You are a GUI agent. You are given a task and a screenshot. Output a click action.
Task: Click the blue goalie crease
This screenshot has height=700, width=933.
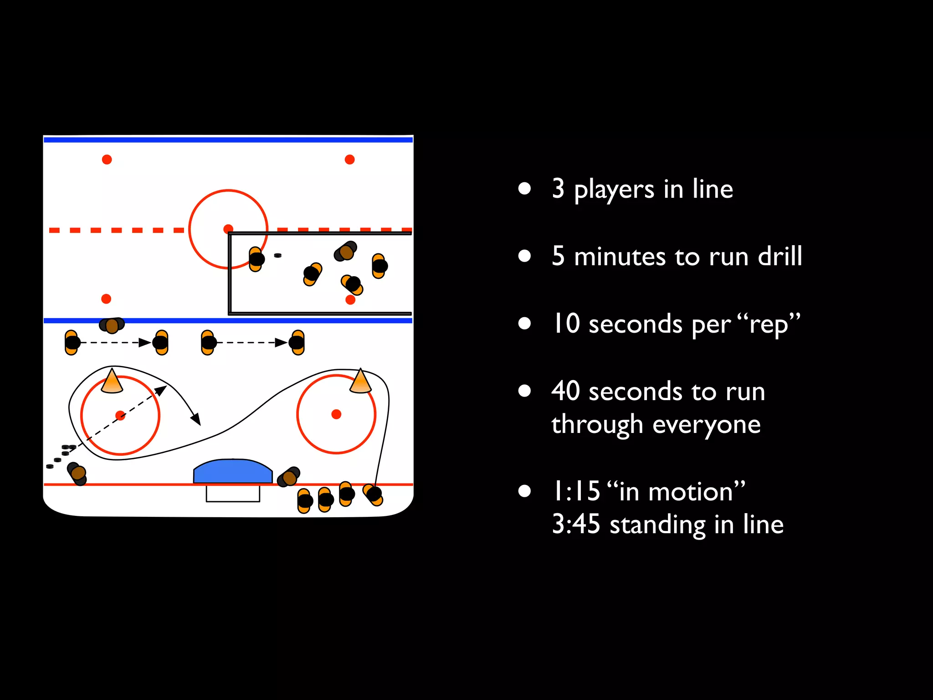[233, 472]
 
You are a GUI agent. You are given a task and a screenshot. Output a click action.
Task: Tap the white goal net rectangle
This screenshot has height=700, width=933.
[233, 494]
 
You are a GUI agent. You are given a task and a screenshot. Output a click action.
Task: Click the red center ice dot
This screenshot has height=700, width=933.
[228, 229]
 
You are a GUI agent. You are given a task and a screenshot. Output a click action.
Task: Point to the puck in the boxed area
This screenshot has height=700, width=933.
[277, 256]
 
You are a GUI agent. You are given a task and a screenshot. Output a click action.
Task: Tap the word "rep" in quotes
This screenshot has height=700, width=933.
[768, 324]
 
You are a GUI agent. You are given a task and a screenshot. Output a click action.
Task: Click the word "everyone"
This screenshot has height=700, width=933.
[706, 425]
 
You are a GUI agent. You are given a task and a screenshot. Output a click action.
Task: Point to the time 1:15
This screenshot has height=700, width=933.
[576, 492]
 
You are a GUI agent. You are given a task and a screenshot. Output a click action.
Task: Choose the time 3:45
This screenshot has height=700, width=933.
[576, 525]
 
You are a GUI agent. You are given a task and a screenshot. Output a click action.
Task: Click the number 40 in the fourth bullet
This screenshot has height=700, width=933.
[565, 391]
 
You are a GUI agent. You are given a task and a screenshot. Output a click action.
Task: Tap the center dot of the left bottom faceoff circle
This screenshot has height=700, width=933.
[120, 416]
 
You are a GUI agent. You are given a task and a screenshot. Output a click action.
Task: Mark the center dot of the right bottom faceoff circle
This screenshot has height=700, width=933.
[336, 414]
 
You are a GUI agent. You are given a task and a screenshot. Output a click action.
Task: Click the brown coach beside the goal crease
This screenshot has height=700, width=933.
[289, 477]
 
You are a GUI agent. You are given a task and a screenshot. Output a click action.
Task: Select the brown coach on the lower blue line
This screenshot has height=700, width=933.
[112, 325]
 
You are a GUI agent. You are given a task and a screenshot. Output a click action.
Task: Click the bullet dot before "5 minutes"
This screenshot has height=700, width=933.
[525, 256]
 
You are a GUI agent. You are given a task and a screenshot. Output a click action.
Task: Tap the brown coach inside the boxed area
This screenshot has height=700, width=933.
[346, 252]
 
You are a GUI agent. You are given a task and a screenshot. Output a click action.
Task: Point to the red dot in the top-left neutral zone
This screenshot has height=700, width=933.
[107, 160]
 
